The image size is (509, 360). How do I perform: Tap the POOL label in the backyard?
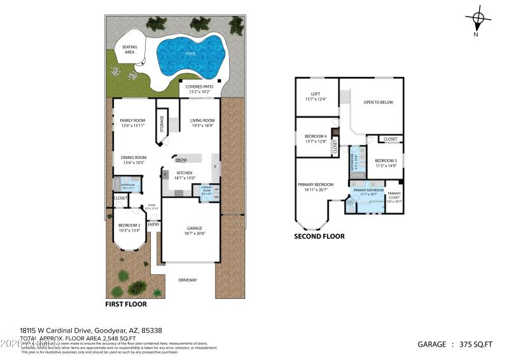click(191, 54)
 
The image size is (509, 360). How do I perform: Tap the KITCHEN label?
click(185, 173)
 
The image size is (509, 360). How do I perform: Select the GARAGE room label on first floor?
click(194, 228)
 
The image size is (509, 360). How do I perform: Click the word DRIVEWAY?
click(187, 280)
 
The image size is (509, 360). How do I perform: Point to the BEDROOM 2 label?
click(129, 226)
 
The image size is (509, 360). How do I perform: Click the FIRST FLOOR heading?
click(126, 304)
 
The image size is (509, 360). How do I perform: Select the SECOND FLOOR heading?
click(319, 236)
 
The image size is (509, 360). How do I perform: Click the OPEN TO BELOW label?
click(378, 102)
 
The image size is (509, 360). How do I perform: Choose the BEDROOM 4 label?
click(316, 137)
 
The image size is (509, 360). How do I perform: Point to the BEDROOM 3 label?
click(386, 160)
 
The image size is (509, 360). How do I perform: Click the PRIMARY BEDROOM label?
click(316, 184)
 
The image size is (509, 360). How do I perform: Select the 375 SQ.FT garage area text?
click(476, 344)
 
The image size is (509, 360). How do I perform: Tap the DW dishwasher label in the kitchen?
click(183, 160)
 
